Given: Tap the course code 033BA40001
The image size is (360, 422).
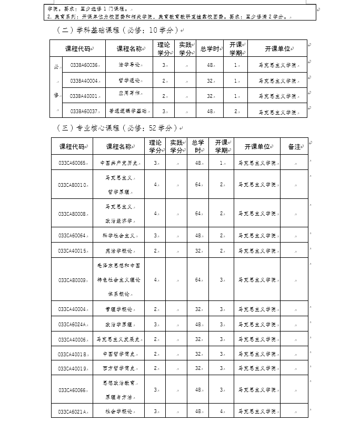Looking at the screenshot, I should click(x=84, y=96).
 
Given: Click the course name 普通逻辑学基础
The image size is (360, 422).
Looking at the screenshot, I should click(x=128, y=112).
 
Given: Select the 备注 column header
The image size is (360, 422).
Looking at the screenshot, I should click(x=294, y=147).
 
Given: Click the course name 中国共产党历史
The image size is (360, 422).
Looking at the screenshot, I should click(x=119, y=163).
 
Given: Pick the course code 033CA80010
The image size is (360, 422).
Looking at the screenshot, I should click(x=73, y=185).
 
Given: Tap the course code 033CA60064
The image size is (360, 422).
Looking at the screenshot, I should click(x=73, y=235).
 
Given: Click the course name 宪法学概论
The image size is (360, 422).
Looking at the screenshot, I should click(x=119, y=251).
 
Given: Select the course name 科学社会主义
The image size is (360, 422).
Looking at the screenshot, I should click(x=119, y=235).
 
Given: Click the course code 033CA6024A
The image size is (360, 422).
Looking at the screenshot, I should click(x=73, y=325).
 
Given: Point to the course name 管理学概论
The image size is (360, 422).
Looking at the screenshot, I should click(x=119, y=309).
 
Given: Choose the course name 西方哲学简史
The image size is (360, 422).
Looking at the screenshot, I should click(x=119, y=368).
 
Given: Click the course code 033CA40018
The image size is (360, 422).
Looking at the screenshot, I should click(x=73, y=354).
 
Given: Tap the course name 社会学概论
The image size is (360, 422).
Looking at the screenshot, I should click(x=119, y=411).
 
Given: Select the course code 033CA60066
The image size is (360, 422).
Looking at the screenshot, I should click(x=73, y=390).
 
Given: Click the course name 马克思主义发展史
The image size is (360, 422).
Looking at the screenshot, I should click(x=119, y=339).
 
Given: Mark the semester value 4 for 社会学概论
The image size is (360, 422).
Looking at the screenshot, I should click(x=222, y=411).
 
